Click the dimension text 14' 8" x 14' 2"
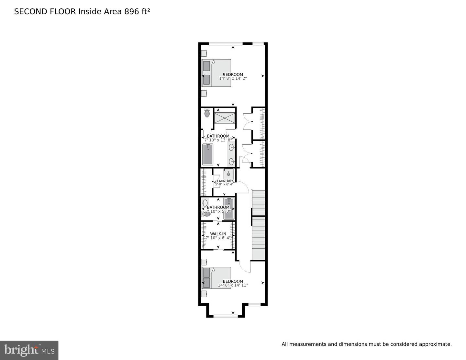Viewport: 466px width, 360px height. pyautogui.click(x=233, y=78)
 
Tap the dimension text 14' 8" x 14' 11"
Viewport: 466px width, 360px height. pyautogui.click(x=233, y=285)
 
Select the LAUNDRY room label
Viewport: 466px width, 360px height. pyautogui.click(x=224, y=181)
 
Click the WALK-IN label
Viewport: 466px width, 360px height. pyautogui.click(x=218, y=234)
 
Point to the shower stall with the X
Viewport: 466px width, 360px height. pyautogui.click(x=225, y=118)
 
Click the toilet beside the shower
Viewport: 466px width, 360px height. pyautogui.click(x=207, y=113)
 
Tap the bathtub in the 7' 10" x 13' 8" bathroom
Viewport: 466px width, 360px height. pyautogui.click(x=207, y=154)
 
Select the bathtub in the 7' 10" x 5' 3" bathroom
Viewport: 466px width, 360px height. pyautogui.click(x=229, y=208)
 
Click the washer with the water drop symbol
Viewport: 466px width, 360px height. pyautogui.click(x=228, y=174)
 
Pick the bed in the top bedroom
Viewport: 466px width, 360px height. pyautogui.click(x=216, y=73)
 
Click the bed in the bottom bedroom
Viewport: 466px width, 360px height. pyautogui.click(x=216, y=277)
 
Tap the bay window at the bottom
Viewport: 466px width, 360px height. pyautogui.click(x=225, y=316)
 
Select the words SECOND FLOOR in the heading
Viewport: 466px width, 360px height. pyautogui.click(x=45, y=12)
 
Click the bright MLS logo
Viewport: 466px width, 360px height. pyautogui.click(x=29, y=350)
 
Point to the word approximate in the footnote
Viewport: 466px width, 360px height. pyautogui.click(x=435, y=344)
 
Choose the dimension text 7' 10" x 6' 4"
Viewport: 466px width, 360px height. pyautogui.click(x=218, y=238)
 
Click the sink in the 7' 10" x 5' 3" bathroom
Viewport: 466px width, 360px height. pyautogui.click(x=205, y=203)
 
